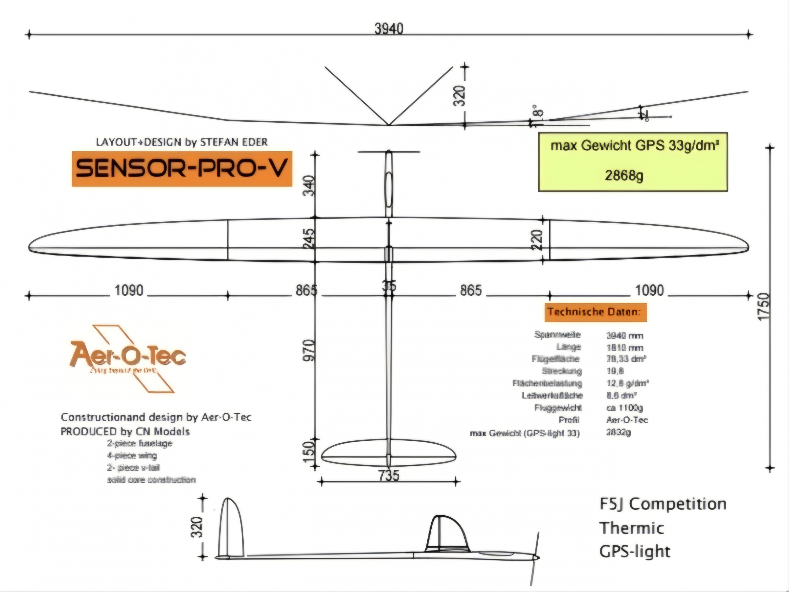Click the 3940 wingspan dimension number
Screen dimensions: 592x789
[389, 29]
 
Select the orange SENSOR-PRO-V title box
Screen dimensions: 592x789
[182, 168]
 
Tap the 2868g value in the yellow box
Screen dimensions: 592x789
[624, 176]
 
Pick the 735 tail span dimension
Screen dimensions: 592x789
[389, 476]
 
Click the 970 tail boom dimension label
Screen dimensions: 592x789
[309, 350]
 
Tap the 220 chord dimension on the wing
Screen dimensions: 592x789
[537, 240]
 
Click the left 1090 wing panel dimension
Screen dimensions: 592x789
[129, 291]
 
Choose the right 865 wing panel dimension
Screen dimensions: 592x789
[470, 291]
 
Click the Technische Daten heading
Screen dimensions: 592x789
[595, 312]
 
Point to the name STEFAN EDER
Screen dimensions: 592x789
[234, 142]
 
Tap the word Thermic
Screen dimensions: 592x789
[631, 529]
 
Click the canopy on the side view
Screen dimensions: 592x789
[447, 532]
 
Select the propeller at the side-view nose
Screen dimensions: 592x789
[535, 557]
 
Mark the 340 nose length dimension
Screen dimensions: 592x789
[309, 186]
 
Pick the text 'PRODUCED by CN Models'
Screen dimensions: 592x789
[125, 431]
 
